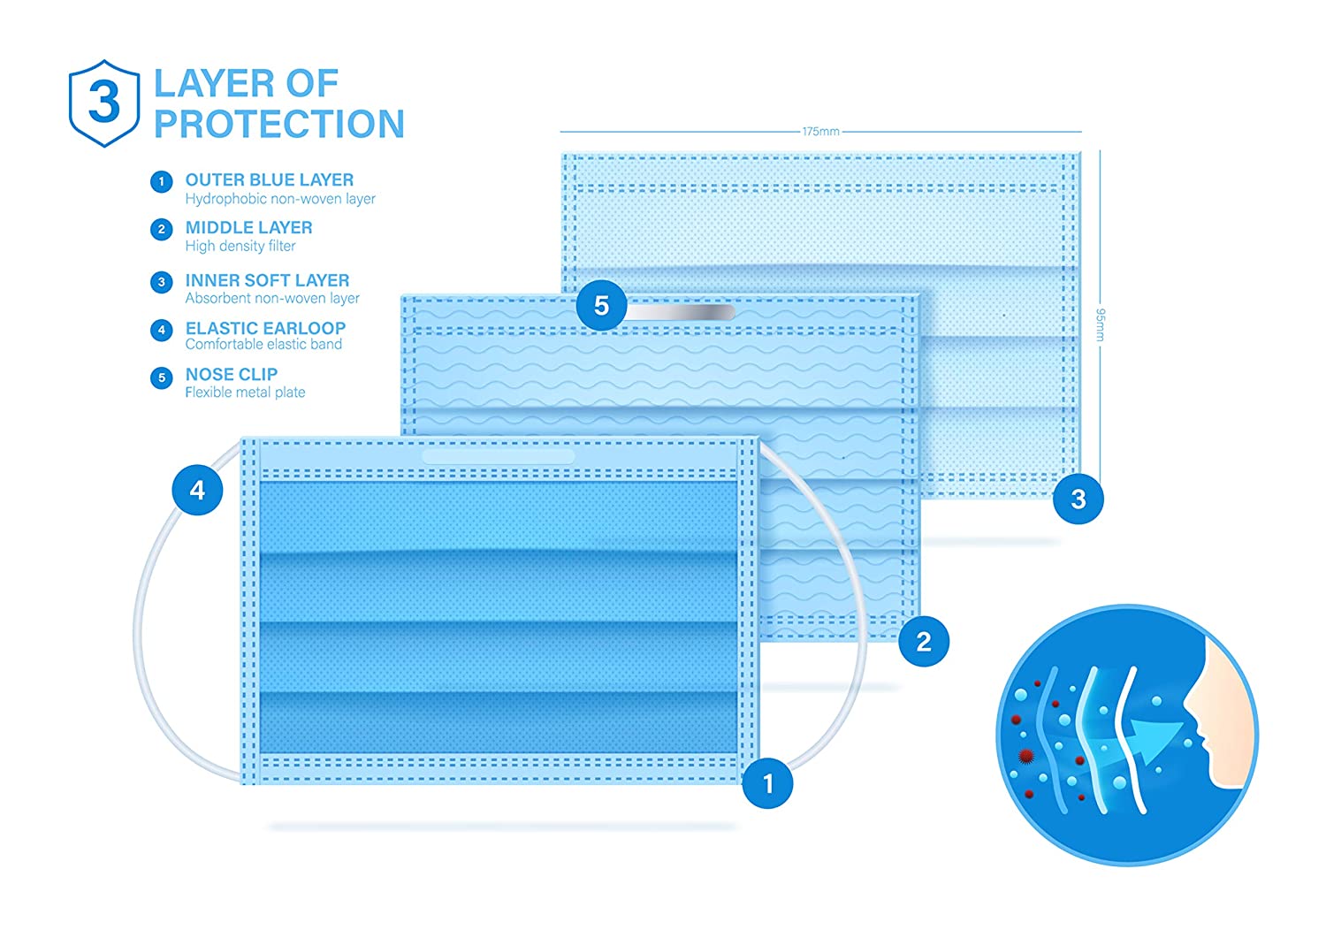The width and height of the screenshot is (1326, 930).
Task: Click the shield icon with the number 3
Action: click(x=104, y=103)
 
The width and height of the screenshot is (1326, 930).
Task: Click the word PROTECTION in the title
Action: click(x=279, y=125)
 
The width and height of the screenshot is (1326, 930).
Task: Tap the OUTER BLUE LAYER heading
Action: click(x=269, y=179)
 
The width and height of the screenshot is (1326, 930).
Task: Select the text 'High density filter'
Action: click(x=240, y=246)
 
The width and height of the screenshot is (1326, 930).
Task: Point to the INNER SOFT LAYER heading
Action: click(x=267, y=280)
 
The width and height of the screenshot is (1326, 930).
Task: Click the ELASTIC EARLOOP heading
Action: click(x=265, y=328)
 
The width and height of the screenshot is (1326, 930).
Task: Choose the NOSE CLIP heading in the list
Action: click(x=232, y=374)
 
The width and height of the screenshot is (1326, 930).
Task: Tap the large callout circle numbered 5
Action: click(x=601, y=306)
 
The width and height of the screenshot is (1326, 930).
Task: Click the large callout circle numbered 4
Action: click(x=197, y=490)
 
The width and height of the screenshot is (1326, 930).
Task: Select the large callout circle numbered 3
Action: click(x=1078, y=499)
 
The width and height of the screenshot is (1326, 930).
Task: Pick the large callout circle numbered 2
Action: click(x=924, y=642)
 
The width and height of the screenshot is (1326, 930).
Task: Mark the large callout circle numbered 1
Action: click(x=767, y=783)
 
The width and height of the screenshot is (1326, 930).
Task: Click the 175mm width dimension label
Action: click(x=820, y=132)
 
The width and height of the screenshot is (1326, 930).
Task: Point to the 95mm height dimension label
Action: click(x=1101, y=324)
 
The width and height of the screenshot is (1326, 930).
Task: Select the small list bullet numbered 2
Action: click(x=161, y=230)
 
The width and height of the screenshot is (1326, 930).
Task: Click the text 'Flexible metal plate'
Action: click(x=245, y=393)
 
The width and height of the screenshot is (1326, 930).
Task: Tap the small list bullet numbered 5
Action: click(x=161, y=378)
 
